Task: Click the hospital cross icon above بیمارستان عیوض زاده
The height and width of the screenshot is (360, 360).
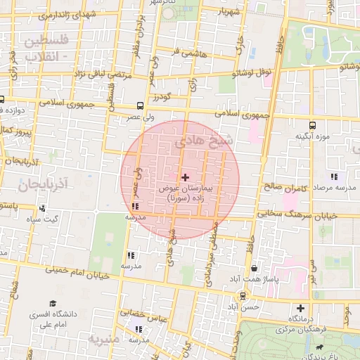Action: point(185,177)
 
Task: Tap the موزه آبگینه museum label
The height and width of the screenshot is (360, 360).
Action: point(312,136)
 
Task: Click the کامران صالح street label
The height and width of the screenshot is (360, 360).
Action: point(288,188)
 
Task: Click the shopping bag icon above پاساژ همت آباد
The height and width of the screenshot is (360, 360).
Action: point(253,269)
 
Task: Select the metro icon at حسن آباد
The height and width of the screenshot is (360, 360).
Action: point(243,296)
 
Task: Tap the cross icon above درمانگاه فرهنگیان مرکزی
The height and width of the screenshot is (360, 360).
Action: point(301,308)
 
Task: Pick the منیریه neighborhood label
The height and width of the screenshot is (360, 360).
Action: point(105,339)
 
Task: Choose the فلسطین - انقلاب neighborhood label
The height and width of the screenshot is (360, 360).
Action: point(46,47)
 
